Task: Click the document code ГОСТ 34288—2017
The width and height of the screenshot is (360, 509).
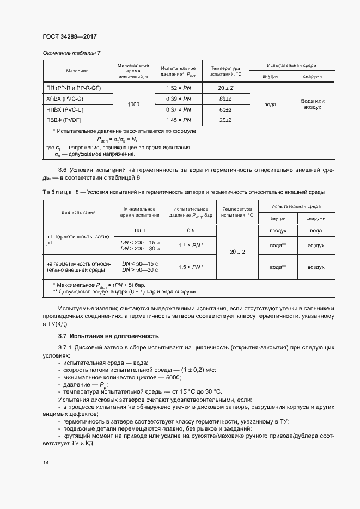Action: point(70,36)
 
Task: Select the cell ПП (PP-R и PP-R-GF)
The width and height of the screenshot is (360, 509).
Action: point(77,88)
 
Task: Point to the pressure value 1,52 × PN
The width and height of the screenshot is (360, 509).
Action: point(178,88)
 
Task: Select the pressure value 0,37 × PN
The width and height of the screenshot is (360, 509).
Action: point(178,109)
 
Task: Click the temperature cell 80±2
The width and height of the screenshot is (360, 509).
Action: point(225,99)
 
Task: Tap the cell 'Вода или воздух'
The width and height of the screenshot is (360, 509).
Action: point(313,104)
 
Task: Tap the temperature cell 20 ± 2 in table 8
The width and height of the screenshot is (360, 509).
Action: point(237,252)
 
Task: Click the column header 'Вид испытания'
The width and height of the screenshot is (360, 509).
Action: point(78,212)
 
